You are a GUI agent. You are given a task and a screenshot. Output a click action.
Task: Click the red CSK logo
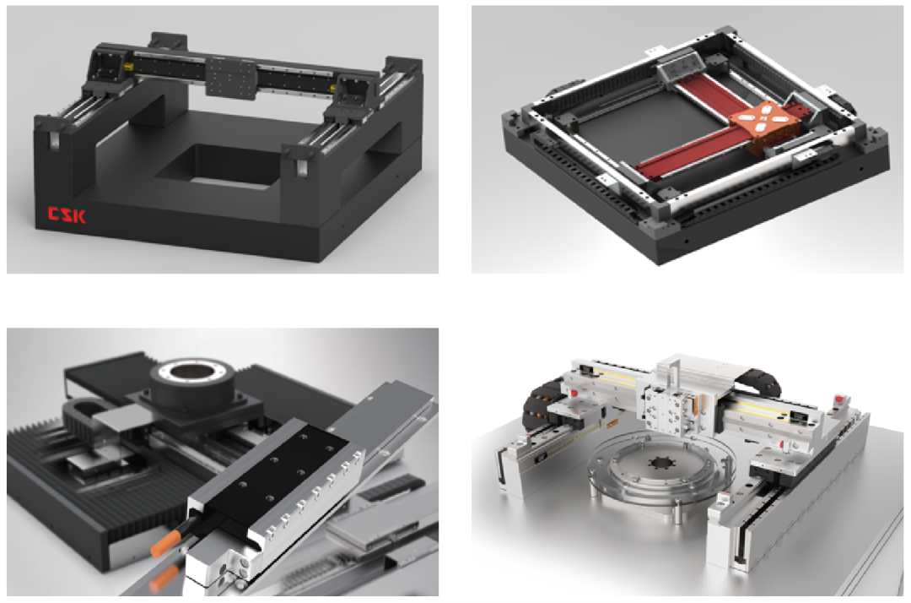pyautogui.click(x=67, y=215)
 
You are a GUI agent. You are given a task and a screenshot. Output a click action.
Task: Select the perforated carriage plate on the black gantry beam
pyautogui.click(x=231, y=78)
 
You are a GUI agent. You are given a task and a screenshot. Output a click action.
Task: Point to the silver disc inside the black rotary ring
pyautogui.click(x=192, y=370)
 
